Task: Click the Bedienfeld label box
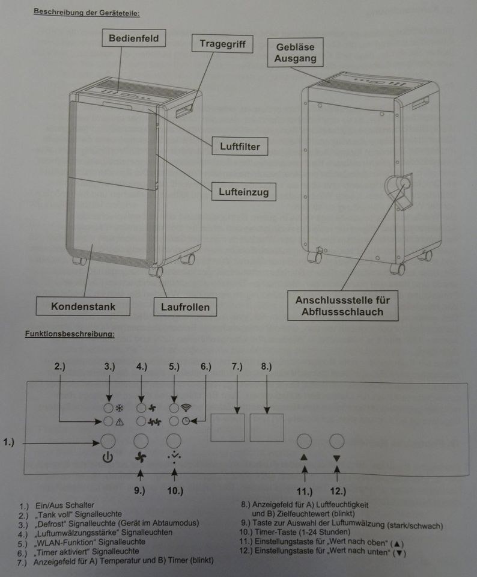point(133,38)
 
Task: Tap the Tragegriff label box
point(222,44)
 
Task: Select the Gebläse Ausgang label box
point(295,52)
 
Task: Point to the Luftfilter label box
point(240,146)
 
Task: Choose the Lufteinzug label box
point(243,191)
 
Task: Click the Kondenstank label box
point(83,306)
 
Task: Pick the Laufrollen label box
point(185,307)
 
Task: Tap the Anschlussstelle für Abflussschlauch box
point(342,306)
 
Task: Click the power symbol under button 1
point(108,458)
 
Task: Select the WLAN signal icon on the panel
point(186,408)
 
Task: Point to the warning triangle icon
point(120,422)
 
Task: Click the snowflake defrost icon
point(120,408)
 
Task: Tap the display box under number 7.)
point(227,427)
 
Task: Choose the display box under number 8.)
point(267,427)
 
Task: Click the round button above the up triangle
point(304,441)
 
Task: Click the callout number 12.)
point(338,491)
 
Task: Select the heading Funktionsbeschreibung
point(70,334)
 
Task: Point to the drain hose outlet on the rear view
point(404,183)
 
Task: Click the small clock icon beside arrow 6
point(186,421)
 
